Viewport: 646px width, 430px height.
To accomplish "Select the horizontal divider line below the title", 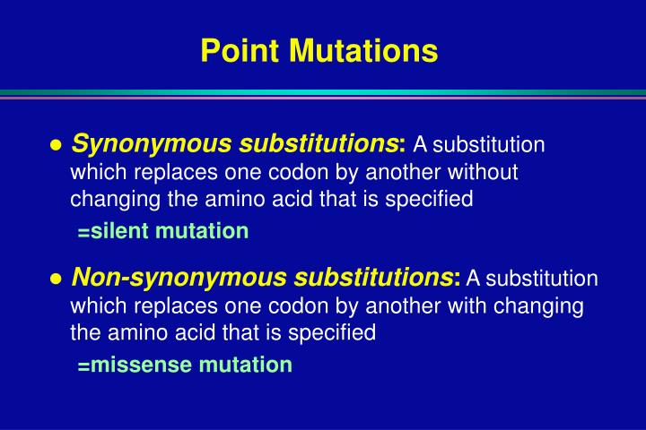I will click(323, 92).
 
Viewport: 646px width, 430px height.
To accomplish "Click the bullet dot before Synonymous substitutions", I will click(56, 145).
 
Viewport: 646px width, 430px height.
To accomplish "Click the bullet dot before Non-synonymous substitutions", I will click(56, 279).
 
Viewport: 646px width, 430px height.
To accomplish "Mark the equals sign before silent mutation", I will click(83, 233).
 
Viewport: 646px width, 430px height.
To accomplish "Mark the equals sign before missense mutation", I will click(83, 366).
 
